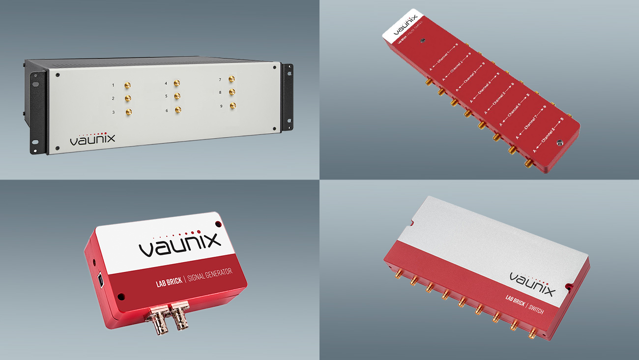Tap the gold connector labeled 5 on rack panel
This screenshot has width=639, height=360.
click(x=177, y=96)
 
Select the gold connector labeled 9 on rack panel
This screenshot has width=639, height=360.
click(x=232, y=105)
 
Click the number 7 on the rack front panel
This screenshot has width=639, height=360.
click(x=220, y=80)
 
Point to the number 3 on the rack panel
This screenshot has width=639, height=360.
click(x=114, y=113)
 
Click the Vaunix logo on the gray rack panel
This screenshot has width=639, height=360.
click(x=92, y=138)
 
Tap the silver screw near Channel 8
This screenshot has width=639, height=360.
click(x=559, y=144)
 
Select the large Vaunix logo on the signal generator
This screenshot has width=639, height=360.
click(x=179, y=244)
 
